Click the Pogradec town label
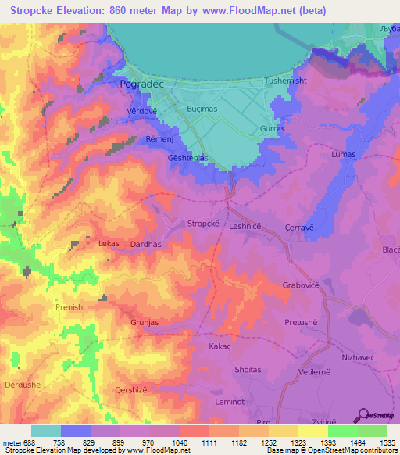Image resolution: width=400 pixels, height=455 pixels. tap(141, 82)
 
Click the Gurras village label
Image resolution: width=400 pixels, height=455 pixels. tap(273, 128)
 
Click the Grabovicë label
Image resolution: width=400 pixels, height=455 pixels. tap(301, 285)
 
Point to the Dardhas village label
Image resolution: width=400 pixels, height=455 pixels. tap(146, 244)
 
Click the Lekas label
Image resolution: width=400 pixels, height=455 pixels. tap(109, 244)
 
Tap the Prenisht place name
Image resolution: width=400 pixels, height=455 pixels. tap(75, 308)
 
